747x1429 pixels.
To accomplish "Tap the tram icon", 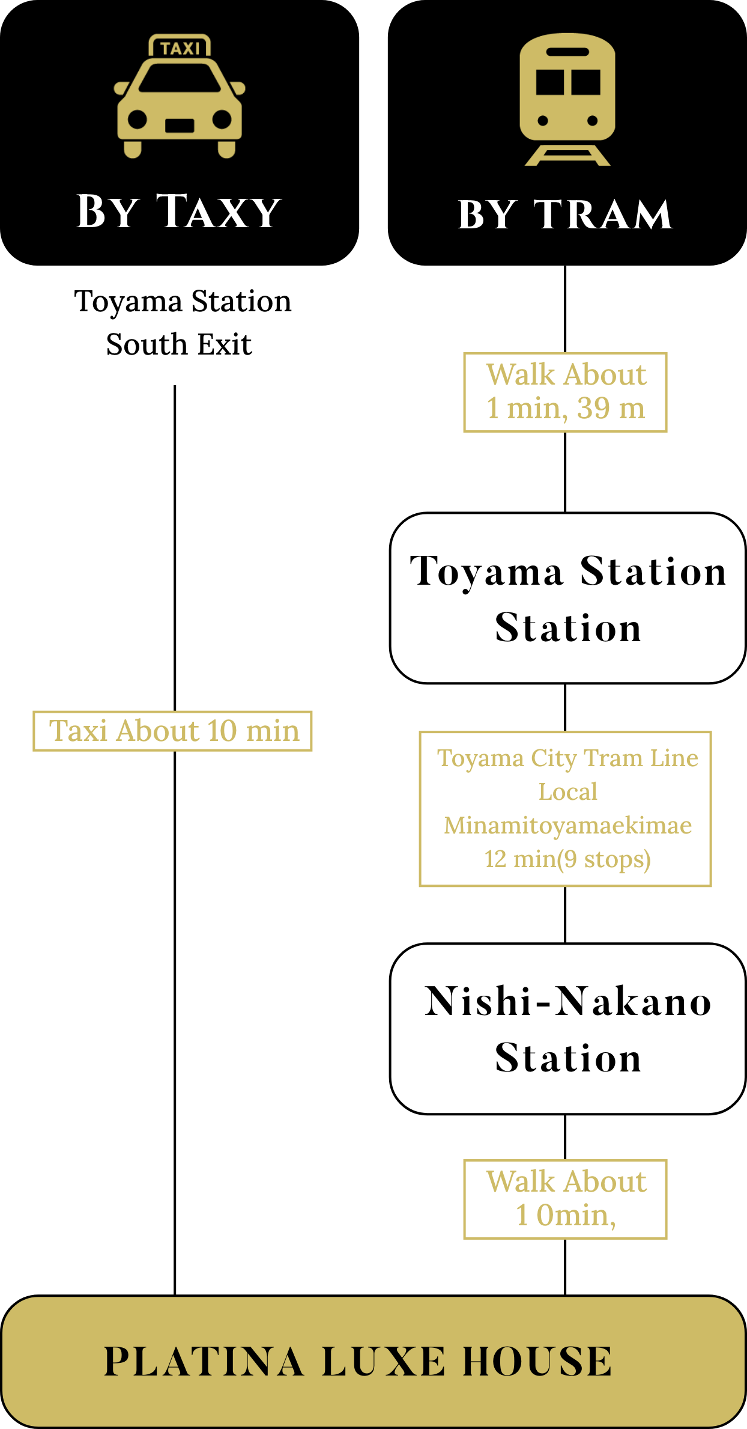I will click(567, 99).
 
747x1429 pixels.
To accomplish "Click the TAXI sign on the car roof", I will click(180, 47).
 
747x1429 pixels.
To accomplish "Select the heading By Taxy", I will click(179, 212).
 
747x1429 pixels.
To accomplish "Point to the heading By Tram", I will click(565, 215).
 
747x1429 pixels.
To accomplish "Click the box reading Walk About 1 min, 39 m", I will click(565, 392).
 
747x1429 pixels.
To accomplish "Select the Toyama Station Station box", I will click(567, 598).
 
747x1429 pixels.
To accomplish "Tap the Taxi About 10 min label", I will click(173, 731).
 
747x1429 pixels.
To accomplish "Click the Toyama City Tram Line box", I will click(565, 808).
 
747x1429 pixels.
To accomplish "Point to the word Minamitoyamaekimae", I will click(567, 826).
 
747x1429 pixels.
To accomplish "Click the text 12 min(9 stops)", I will click(567, 859).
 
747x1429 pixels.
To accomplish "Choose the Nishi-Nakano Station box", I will click(567, 1029).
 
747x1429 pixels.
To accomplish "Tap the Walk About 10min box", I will click(565, 1199).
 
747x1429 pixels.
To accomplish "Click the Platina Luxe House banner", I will click(374, 1362).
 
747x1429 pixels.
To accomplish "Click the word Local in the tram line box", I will click(567, 792).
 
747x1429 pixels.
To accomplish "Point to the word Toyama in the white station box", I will click(486, 571).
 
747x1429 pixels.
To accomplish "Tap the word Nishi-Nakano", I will click(567, 1002).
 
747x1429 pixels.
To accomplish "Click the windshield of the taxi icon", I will click(180, 78).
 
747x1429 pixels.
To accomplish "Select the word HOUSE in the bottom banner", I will click(537, 1362).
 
